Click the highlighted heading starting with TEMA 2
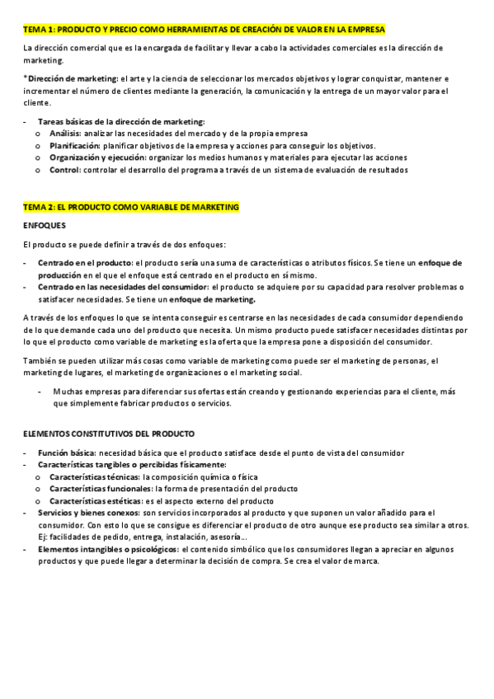pyautogui.click(x=131, y=207)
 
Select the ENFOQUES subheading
pyautogui.click(x=45, y=225)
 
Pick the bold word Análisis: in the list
pyautogui.click(x=65, y=133)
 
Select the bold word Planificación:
pyautogui.click(x=74, y=145)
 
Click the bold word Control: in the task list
pyautogui.click(x=64, y=170)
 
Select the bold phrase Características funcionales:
pyautogui.click(x=100, y=489)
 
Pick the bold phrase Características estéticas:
pyautogui.click(x=95, y=500)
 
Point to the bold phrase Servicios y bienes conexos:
pyautogui.click(x=89, y=513)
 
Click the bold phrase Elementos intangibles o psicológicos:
pyautogui.click(x=107, y=549)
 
